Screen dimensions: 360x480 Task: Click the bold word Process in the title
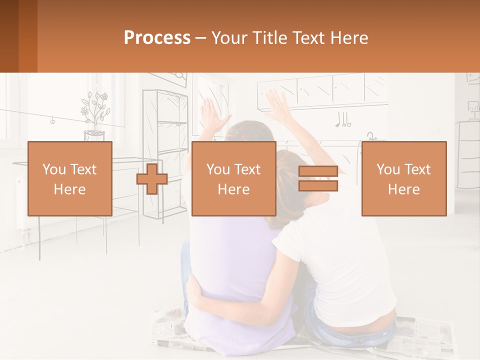(x=157, y=38)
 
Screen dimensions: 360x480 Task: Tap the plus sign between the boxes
(x=152, y=179)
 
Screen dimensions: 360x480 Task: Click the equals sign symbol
(x=318, y=179)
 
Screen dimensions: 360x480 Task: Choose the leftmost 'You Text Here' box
(x=69, y=178)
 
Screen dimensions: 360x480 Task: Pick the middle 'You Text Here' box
(x=233, y=178)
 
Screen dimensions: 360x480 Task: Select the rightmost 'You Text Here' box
(x=403, y=178)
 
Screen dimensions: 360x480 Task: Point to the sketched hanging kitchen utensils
(x=343, y=120)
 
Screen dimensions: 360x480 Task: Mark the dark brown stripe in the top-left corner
(x=9, y=36)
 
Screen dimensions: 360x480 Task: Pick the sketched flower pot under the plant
(x=94, y=134)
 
